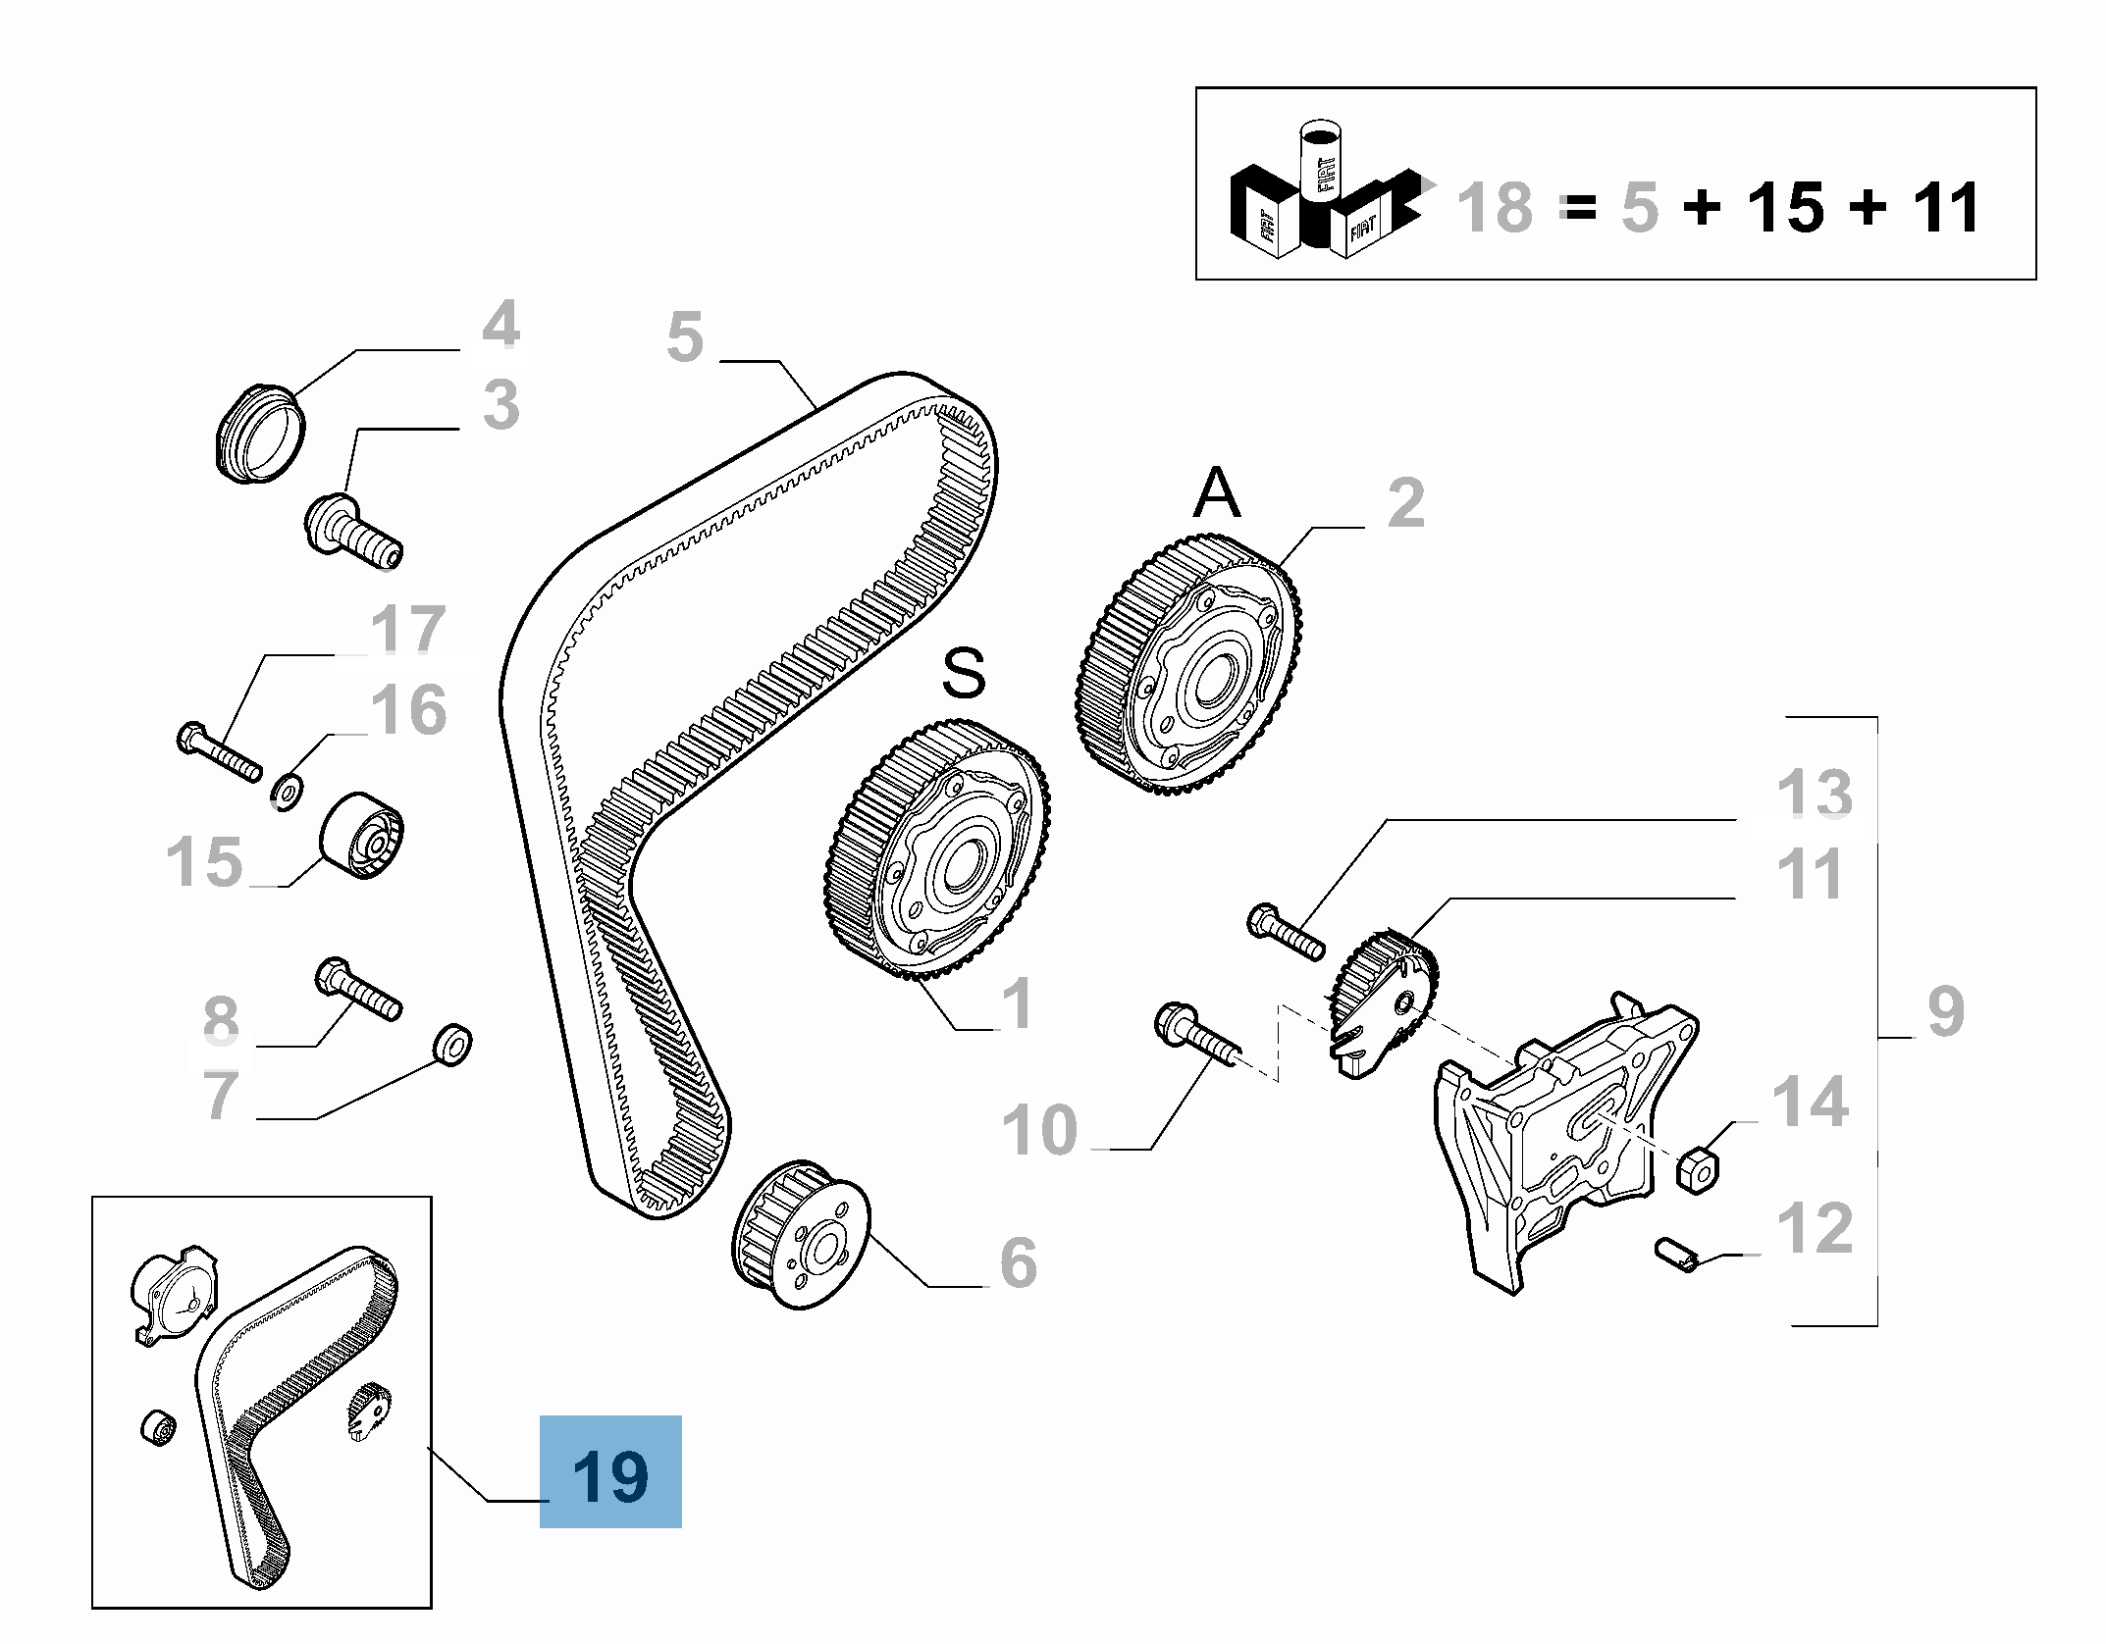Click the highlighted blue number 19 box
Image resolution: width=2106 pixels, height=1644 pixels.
(x=610, y=1471)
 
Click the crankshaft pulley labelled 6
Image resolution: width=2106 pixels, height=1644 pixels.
(x=802, y=1233)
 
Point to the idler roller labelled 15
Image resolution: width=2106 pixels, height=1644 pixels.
(x=362, y=836)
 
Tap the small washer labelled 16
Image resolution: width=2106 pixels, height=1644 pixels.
(x=287, y=790)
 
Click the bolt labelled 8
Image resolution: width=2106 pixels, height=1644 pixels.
(x=357, y=988)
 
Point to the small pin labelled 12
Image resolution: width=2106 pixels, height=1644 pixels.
(x=1675, y=1255)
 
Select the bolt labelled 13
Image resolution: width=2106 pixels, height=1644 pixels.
(x=1286, y=932)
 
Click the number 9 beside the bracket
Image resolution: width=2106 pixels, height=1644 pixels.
(x=1945, y=1011)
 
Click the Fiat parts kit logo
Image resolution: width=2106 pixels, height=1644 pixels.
(x=1325, y=196)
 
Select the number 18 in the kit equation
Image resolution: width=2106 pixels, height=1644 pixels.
(x=1494, y=208)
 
